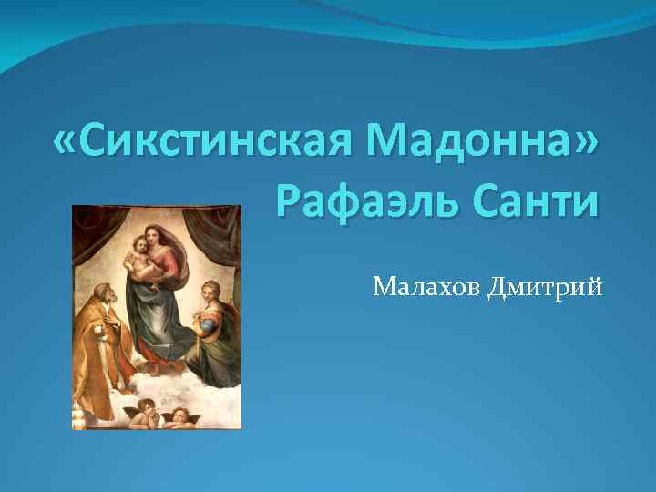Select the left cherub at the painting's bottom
(x=143, y=415)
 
